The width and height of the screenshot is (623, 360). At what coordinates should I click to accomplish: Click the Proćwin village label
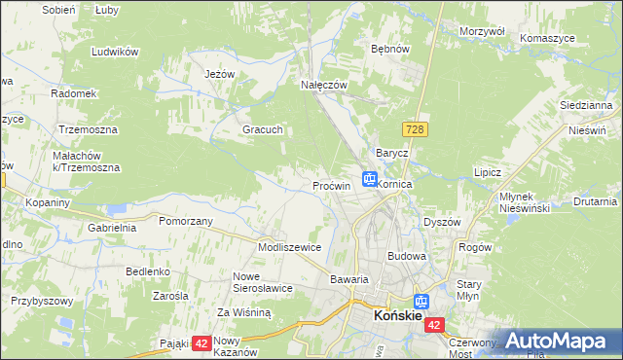331,185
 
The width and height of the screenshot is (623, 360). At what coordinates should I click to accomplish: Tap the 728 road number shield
413,129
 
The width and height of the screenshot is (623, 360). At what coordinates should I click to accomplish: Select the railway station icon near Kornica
370,179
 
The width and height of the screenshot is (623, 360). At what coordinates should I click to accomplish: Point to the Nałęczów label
324,86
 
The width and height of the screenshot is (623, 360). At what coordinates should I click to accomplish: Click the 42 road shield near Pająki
202,342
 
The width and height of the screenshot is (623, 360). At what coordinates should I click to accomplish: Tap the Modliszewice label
289,247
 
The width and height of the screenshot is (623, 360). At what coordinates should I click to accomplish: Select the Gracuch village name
262,128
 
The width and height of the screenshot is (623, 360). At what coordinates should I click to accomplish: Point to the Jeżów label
221,74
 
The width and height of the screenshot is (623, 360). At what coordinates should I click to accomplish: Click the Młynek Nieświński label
525,201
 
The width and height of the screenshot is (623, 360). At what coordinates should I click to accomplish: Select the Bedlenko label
148,270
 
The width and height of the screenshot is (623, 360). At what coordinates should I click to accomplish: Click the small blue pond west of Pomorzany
117,208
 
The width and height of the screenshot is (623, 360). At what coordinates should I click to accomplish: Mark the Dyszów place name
441,222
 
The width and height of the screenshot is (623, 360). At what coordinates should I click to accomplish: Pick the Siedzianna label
585,104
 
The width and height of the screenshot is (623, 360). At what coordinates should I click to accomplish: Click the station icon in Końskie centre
421,303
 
